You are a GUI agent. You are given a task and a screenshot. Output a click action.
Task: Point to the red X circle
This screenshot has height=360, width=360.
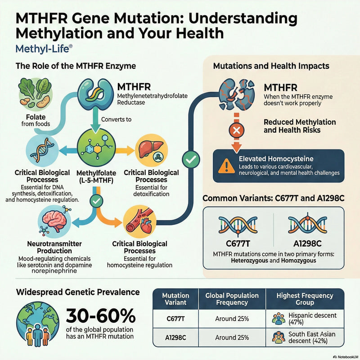(237, 130)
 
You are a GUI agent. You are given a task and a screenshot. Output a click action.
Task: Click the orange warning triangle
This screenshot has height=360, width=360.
(224, 166)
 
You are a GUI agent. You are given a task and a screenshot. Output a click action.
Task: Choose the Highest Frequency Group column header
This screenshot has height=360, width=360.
(305, 299)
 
